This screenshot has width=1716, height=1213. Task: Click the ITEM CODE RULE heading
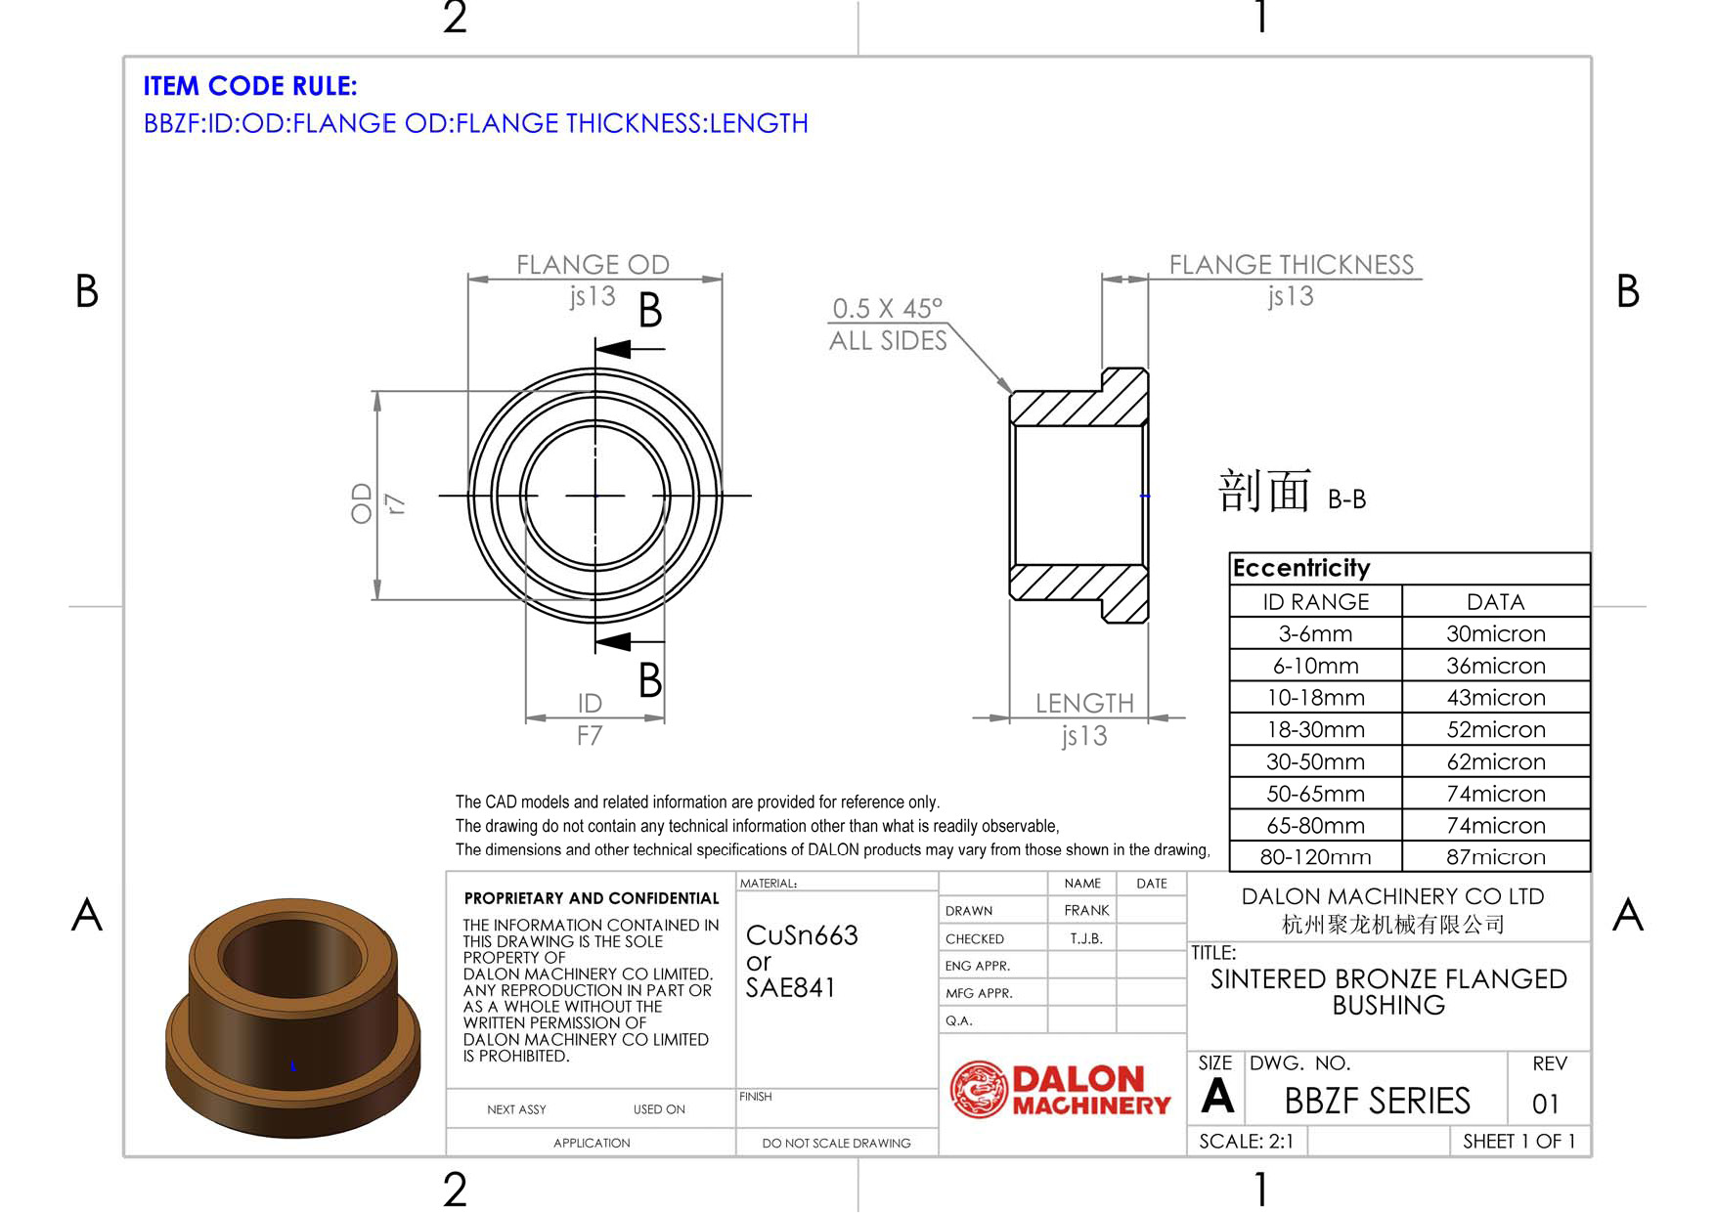click(x=250, y=86)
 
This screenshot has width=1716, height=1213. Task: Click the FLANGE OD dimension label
click(x=593, y=265)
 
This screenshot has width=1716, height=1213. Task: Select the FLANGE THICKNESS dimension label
click(x=1292, y=265)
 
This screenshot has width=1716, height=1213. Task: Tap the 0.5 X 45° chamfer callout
click(x=888, y=309)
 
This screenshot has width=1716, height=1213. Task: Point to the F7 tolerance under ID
click(x=590, y=736)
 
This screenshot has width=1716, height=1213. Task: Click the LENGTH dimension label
click(x=1084, y=703)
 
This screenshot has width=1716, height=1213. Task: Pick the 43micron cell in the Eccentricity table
click(x=1496, y=698)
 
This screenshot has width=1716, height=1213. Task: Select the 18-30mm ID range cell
click(x=1315, y=730)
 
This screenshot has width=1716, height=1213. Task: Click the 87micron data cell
click(x=1496, y=857)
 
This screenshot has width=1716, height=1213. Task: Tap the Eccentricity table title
click(x=1301, y=568)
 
